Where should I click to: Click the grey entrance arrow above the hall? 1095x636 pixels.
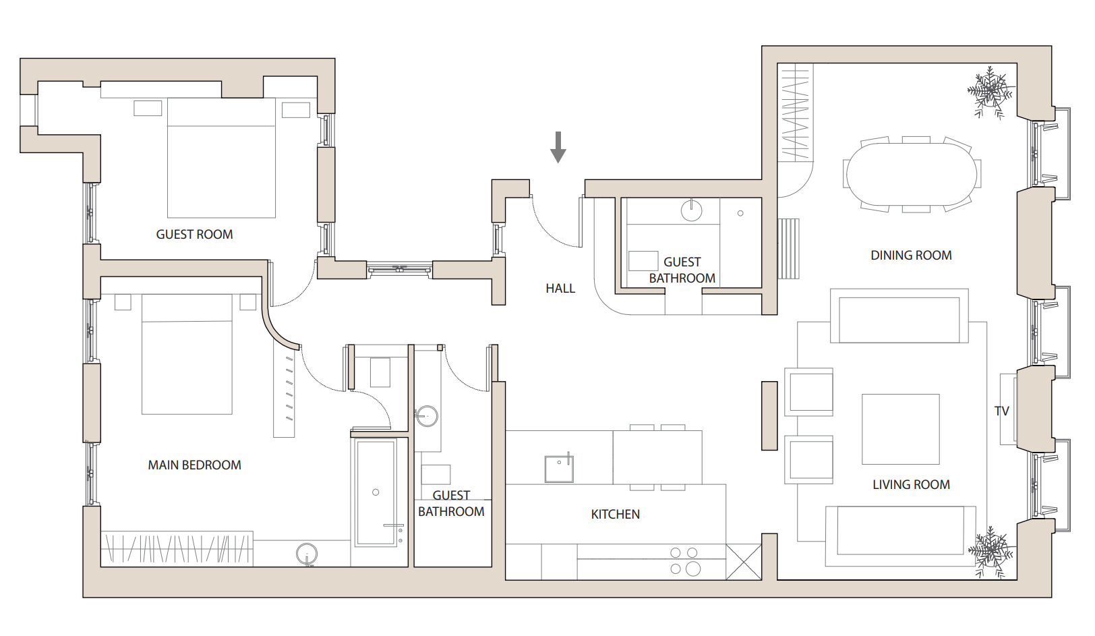(x=558, y=147)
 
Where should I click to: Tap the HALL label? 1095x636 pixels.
(x=560, y=289)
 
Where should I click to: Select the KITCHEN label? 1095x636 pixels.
(x=615, y=515)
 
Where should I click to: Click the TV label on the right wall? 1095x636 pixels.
(x=1001, y=411)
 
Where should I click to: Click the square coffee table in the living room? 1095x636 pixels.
(x=900, y=430)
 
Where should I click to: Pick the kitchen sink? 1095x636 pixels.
(x=559, y=469)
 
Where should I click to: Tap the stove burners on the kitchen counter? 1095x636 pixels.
(x=684, y=561)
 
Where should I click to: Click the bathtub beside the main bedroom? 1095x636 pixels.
(x=376, y=492)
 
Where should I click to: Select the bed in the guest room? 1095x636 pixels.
(x=221, y=158)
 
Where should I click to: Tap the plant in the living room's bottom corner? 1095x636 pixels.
(x=990, y=552)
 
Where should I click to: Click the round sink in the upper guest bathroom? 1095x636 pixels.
(x=691, y=210)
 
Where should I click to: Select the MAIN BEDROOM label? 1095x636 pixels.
(x=194, y=465)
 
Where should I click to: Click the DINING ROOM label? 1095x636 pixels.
(x=911, y=256)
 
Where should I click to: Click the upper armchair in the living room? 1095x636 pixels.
(x=810, y=391)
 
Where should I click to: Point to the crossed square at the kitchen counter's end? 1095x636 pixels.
(x=744, y=562)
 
